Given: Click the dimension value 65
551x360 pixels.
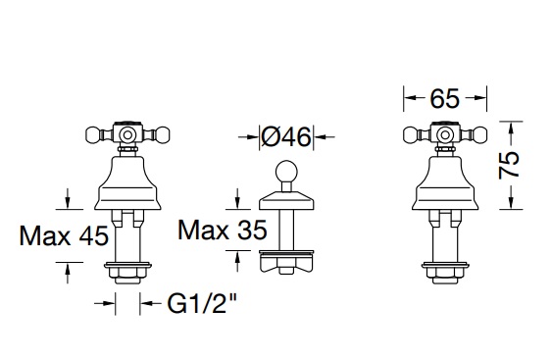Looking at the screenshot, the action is pyautogui.click(x=444, y=98).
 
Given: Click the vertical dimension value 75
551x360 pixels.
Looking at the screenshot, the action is pyautogui.click(x=509, y=165).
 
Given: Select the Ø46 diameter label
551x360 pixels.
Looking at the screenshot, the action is pyautogui.click(x=286, y=136).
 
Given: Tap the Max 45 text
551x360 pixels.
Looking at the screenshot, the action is pyautogui.click(x=64, y=235).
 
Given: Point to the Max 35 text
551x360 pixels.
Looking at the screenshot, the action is pyautogui.click(x=223, y=230).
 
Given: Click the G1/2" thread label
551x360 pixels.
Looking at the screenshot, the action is pyautogui.click(x=202, y=303).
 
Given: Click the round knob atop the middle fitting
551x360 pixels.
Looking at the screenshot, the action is pyautogui.click(x=286, y=172).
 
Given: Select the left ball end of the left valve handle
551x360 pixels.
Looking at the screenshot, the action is pyautogui.click(x=93, y=134).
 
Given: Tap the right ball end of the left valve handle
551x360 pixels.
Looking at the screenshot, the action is pyautogui.click(x=163, y=134).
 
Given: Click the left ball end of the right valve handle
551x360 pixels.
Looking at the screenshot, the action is pyautogui.click(x=411, y=134).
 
